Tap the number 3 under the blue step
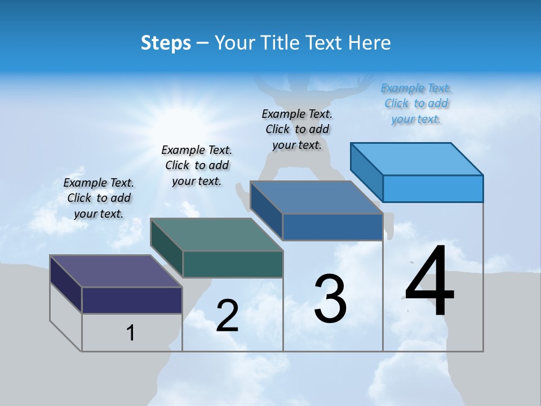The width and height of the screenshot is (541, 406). pos(330,299)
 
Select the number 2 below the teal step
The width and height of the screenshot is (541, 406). pos(227,316)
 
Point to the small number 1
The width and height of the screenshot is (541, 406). pos(130,333)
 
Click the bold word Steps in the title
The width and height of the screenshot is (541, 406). pos(166,43)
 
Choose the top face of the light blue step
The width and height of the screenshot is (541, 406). pos(417,158)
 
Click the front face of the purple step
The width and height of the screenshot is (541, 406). pos(132,300)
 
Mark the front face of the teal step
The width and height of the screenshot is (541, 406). pos(233,264)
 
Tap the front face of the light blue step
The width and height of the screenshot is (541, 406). pos(433,188)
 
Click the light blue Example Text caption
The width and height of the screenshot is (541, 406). pos(416,103)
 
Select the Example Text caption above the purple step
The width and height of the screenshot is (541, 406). pos(99,198)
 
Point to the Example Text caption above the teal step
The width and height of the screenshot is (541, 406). pos(197,165)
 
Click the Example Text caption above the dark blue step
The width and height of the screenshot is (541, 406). pos(297,129)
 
